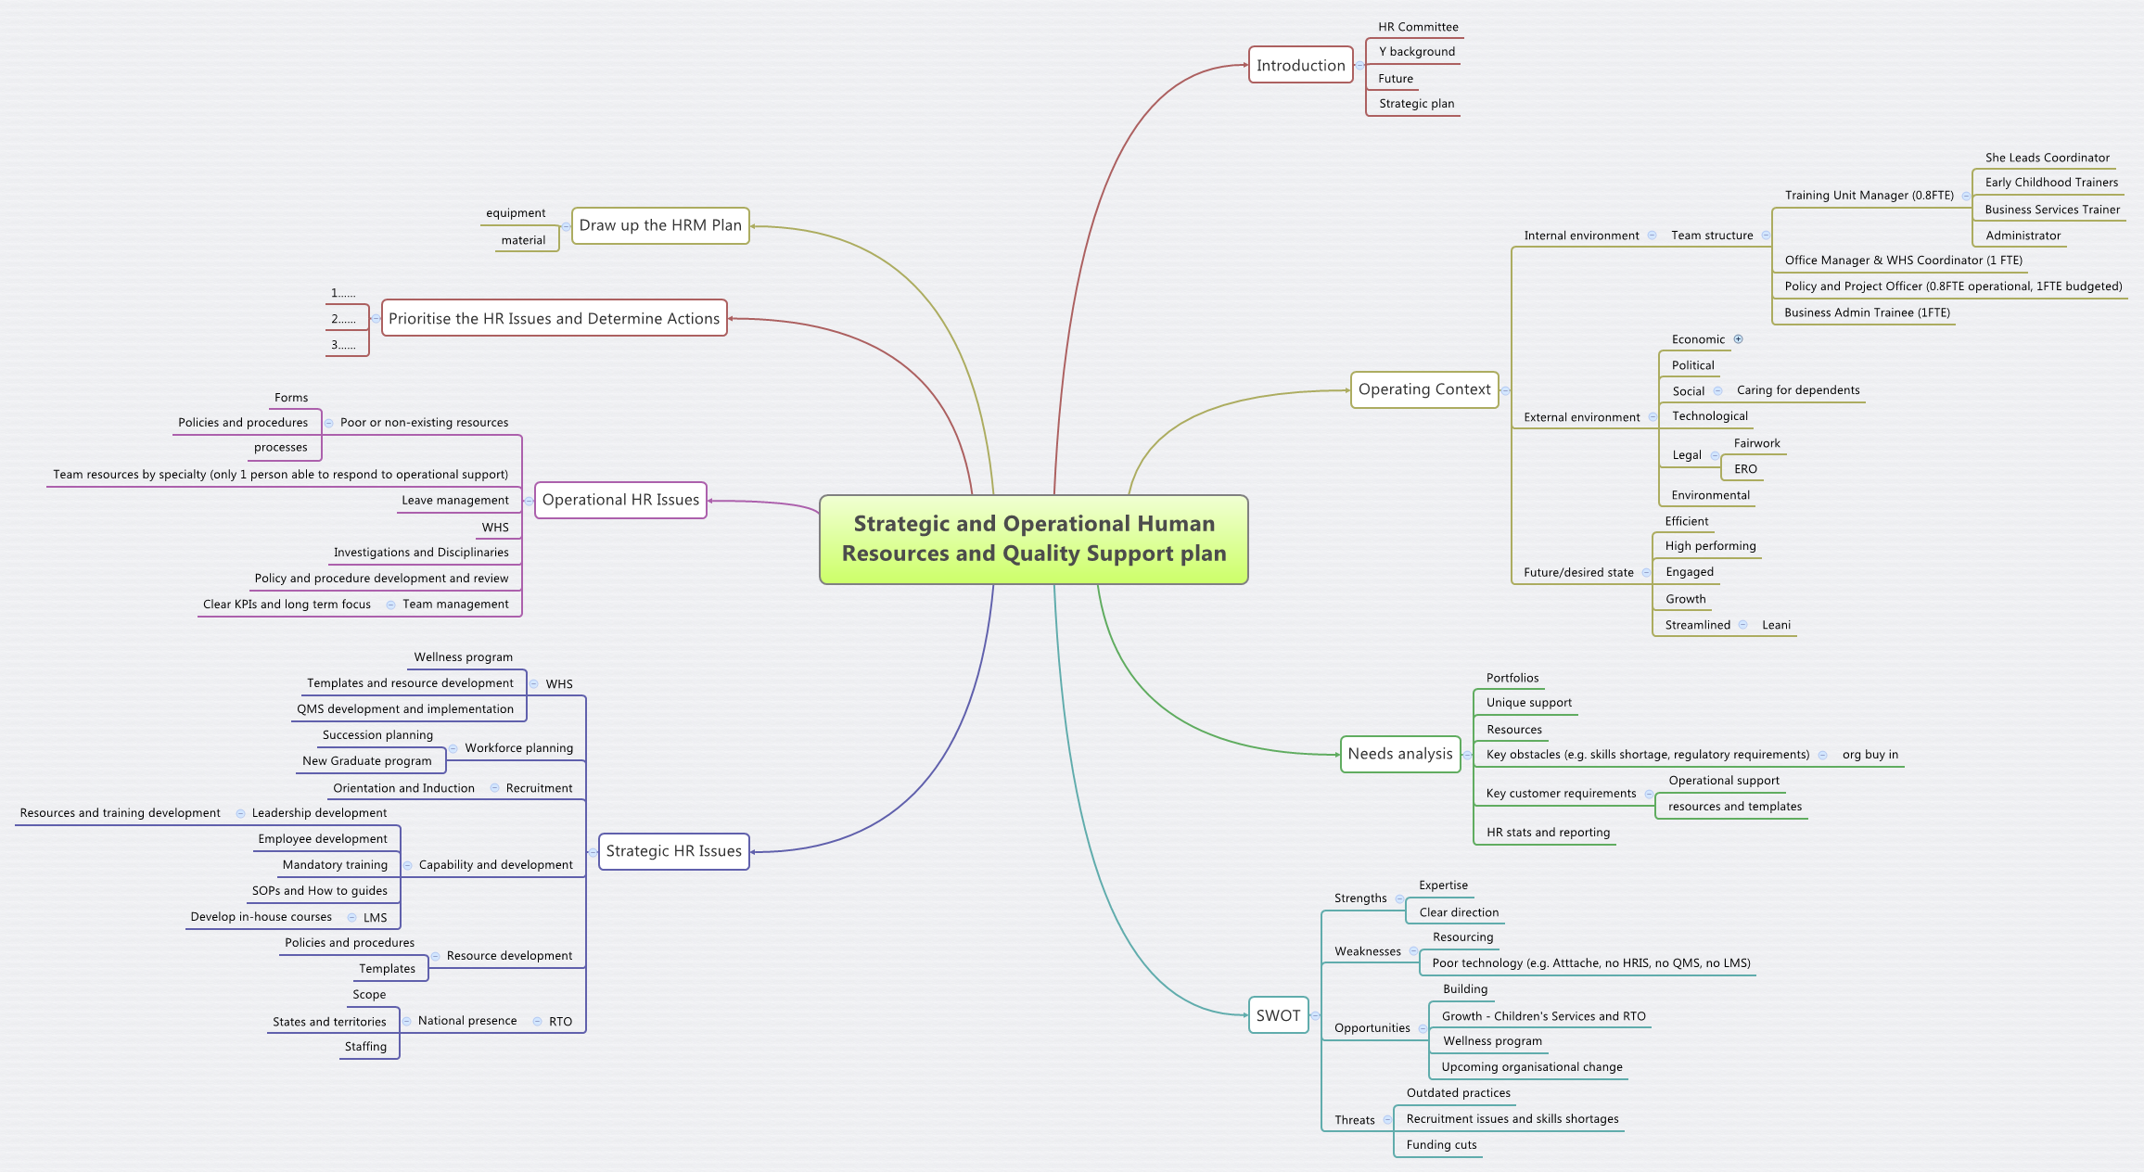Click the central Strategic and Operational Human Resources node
click(1033, 539)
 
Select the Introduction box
click(1300, 65)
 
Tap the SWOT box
click(1278, 1015)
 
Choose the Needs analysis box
click(1399, 754)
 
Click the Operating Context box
click(1424, 389)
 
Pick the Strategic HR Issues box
click(673, 851)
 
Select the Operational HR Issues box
click(620, 500)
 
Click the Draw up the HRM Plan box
click(660, 225)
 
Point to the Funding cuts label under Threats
click(1441, 1145)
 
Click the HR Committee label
click(1418, 27)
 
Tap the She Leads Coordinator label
click(2047, 158)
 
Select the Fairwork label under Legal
click(1756, 443)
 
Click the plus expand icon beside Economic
click(1739, 339)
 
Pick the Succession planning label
click(377, 735)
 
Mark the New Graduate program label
click(366, 761)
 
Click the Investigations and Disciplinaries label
click(421, 553)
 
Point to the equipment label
click(516, 213)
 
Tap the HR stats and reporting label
click(1548, 833)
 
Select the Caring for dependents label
click(1798, 390)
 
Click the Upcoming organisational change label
click(1532, 1067)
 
